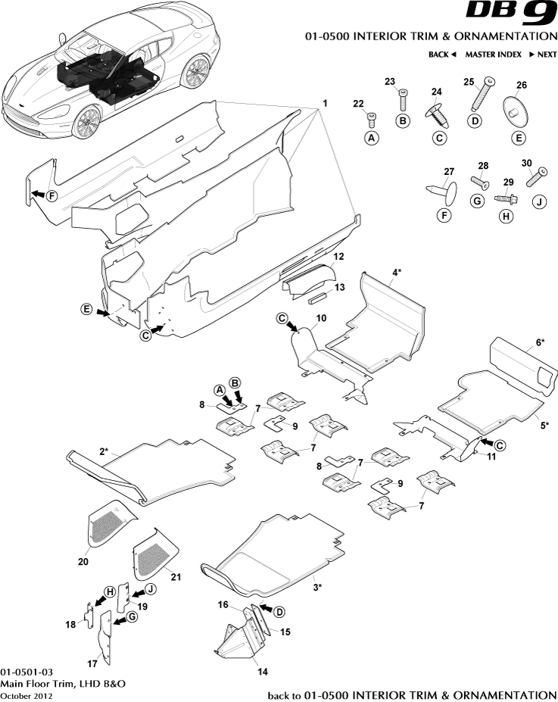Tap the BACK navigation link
pyautogui.click(x=442, y=55)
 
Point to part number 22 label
pyautogui.click(x=358, y=104)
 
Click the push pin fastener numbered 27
pyautogui.click(x=444, y=189)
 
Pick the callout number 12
pyautogui.click(x=339, y=257)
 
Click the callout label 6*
pyautogui.click(x=539, y=342)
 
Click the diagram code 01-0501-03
pyautogui.click(x=26, y=672)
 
